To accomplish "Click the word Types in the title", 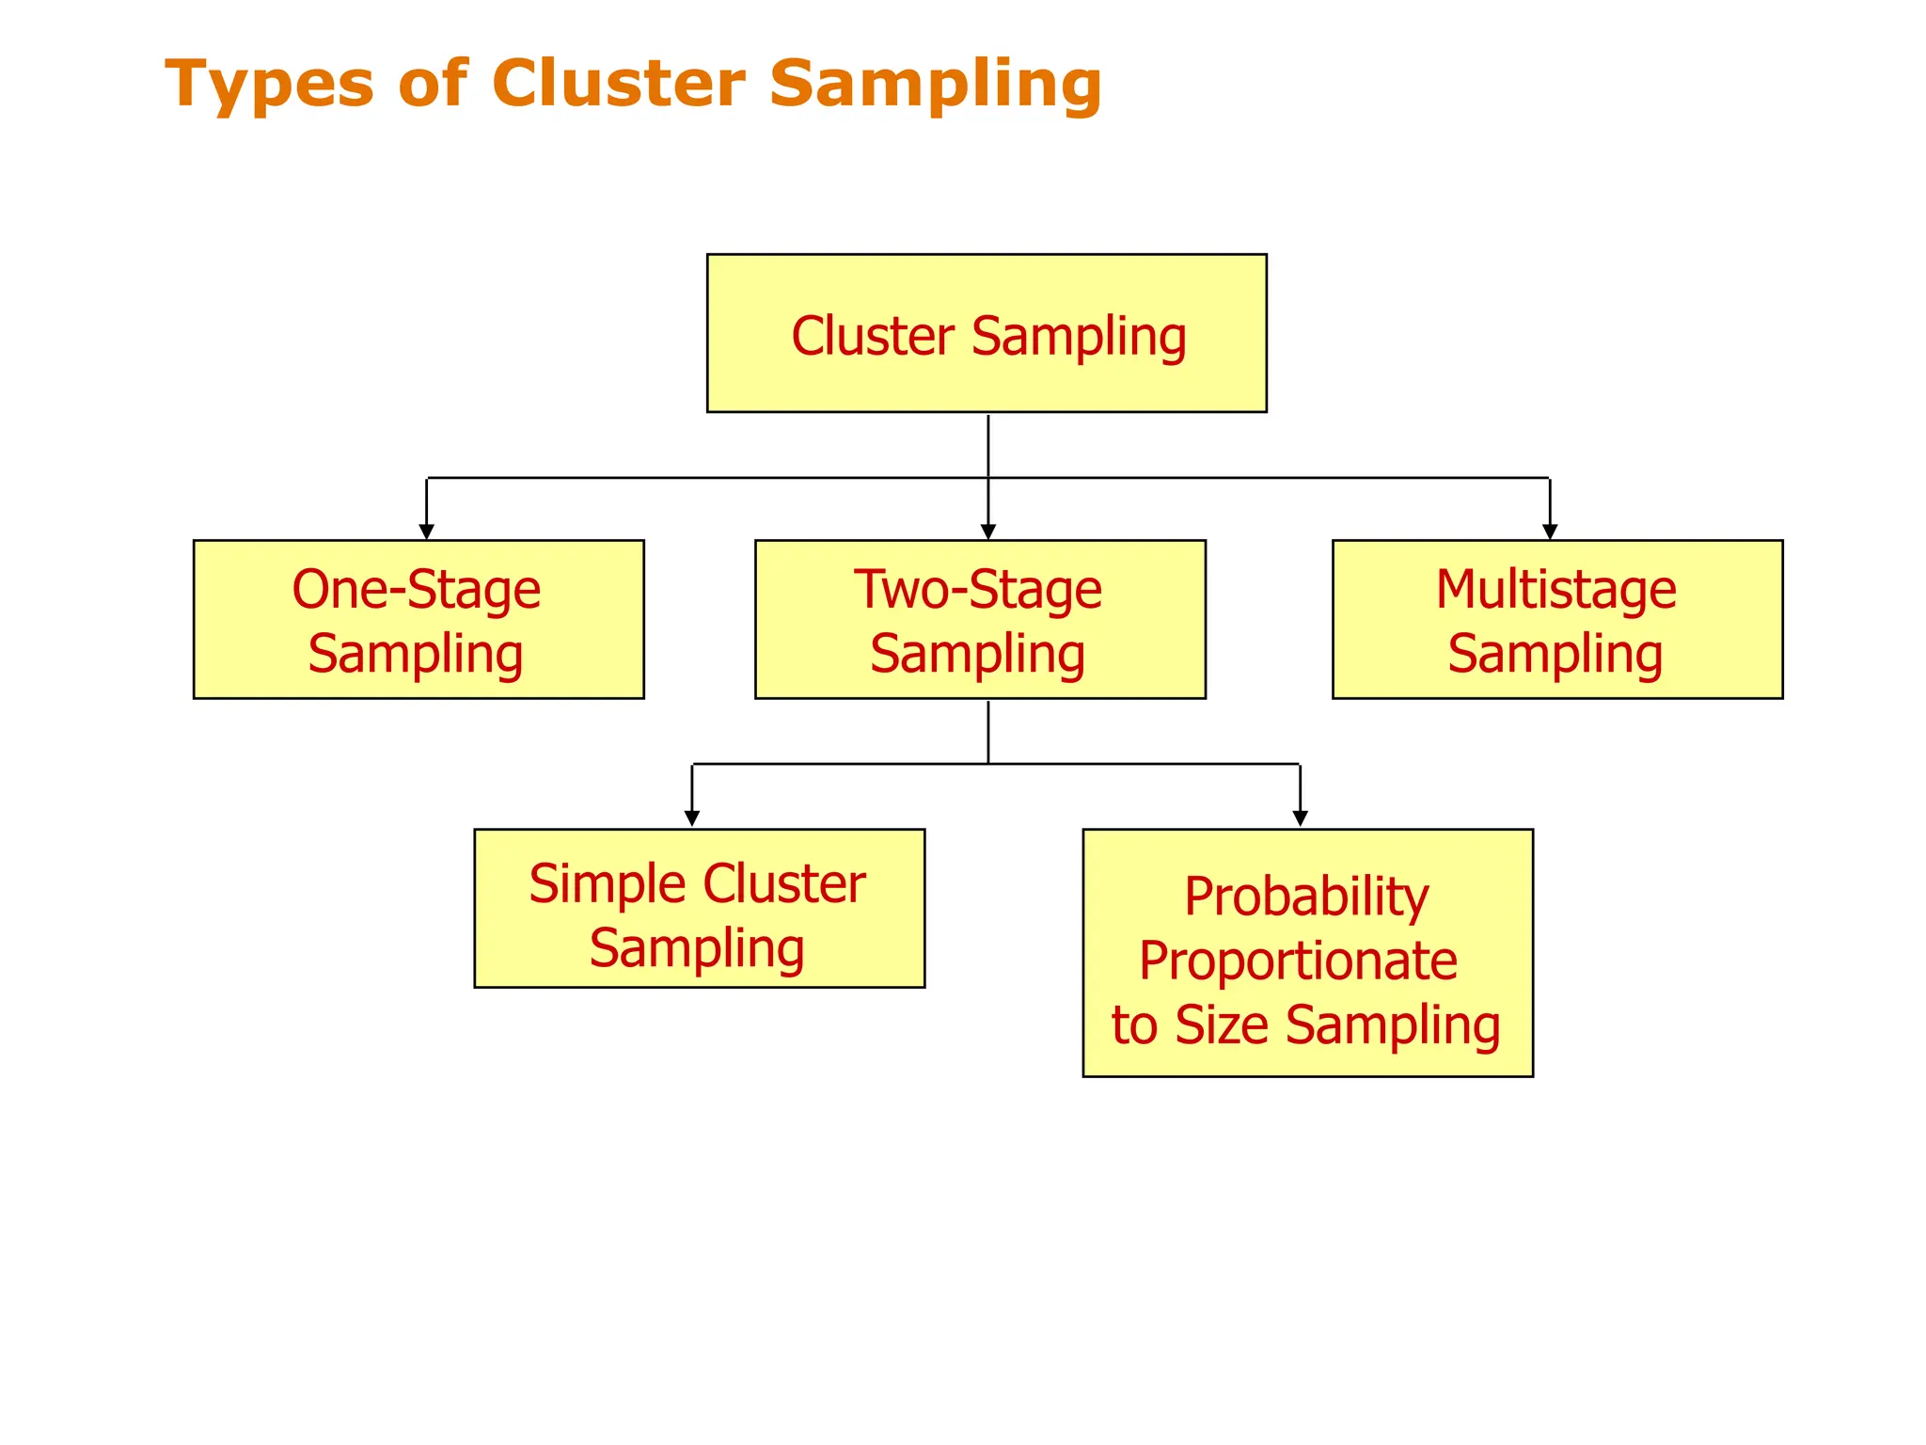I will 269,85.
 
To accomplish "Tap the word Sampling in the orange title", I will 935,85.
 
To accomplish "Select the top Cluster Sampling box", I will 987,333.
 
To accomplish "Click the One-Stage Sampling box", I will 418,619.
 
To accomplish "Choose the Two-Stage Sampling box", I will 980,619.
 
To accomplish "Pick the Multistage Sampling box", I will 1557,619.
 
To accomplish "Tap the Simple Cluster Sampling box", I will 699,908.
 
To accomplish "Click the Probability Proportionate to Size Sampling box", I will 1307,952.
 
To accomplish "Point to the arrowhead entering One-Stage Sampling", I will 426,532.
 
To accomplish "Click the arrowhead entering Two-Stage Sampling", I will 987,532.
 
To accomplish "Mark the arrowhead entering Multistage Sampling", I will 1550,532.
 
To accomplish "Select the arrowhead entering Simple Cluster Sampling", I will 692,818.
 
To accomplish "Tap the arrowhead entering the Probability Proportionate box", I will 1300,818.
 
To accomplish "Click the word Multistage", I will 1555,590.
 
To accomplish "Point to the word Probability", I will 1305,897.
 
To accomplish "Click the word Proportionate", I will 1298,961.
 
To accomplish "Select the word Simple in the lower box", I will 608,884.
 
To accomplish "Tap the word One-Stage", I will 416,590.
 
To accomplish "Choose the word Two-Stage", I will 977,590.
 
